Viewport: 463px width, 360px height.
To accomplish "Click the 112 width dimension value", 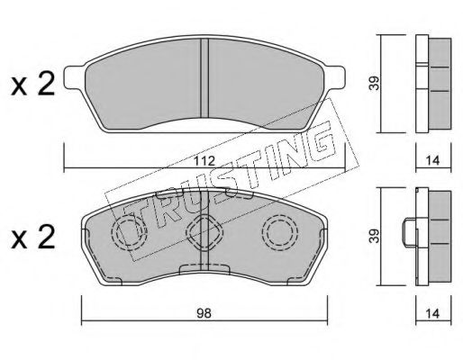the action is tap(204, 161).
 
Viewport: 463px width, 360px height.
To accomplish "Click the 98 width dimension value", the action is tap(204, 313).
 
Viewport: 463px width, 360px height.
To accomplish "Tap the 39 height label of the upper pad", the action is tap(375, 83).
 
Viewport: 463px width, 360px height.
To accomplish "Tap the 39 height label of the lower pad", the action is tap(375, 236).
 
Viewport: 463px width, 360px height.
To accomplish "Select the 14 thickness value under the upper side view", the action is tap(432, 161).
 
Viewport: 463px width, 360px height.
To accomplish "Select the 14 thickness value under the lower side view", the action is tap(432, 313).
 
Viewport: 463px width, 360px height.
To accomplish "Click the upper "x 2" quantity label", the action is tap(33, 85).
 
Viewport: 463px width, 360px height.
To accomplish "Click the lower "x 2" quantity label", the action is tap(33, 238).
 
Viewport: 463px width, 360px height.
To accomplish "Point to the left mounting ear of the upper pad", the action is tap(75, 77).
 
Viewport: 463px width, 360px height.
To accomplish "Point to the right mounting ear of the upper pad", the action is tap(334, 77).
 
